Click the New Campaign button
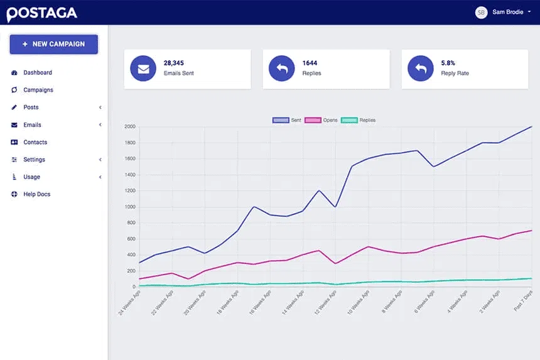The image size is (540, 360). [53, 44]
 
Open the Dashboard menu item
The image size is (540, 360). [38, 73]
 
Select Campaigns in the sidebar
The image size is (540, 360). [38, 90]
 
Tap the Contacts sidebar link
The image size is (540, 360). [35, 142]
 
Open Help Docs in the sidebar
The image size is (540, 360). [36, 194]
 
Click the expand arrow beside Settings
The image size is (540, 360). [100, 160]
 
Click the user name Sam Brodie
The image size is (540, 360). [508, 12]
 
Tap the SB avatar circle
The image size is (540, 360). [481, 12]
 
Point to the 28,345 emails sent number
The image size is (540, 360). [174, 63]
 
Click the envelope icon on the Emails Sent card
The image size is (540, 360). [143, 68]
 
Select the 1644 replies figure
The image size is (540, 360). [310, 63]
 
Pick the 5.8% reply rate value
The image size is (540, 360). [448, 63]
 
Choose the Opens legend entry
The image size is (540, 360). [321, 120]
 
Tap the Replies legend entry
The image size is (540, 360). [359, 120]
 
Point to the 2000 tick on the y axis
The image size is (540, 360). [130, 127]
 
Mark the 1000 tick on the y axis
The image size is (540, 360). [130, 207]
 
